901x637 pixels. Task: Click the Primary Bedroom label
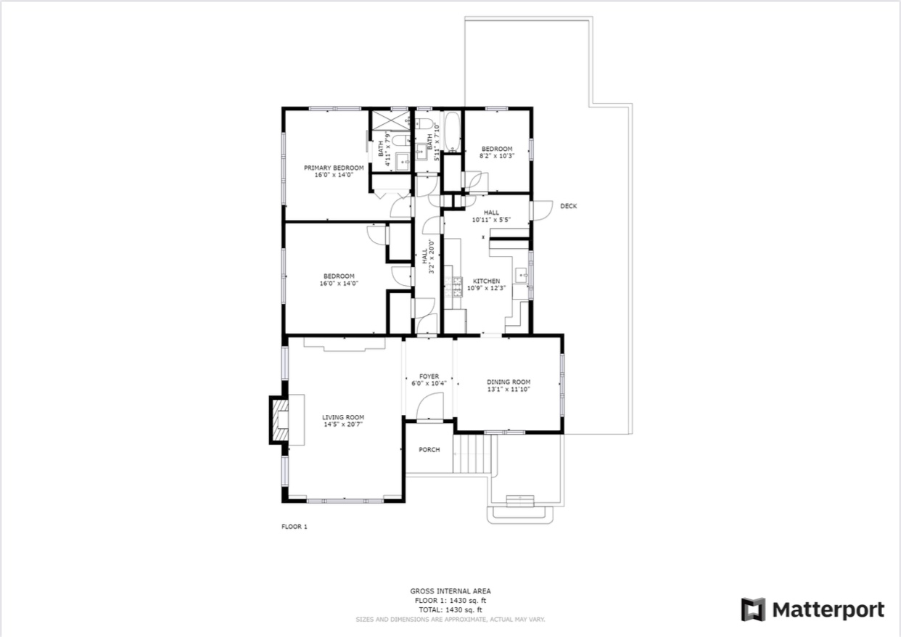coord(334,168)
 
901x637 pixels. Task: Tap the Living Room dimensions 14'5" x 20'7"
coord(343,424)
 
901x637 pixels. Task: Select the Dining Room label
coord(509,382)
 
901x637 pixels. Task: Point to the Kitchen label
coord(486,281)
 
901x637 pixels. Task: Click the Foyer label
coord(429,377)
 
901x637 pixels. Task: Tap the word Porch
coord(429,450)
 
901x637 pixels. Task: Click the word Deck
coord(568,206)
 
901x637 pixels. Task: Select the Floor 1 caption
coord(295,527)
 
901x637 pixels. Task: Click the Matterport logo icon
coord(754,609)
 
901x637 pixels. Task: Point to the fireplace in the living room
coord(280,419)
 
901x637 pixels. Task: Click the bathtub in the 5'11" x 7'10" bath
coord(453,131)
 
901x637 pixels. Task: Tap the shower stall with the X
coord(390,120)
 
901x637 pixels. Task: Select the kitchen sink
coord(522,276)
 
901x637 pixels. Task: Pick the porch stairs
coord(472,454)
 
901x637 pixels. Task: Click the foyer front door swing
coord(429,406)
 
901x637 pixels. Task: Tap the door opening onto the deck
coord(541,210)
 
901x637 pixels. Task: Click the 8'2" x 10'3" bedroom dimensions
coord(497,156)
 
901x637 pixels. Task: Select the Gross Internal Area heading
coord(450,591)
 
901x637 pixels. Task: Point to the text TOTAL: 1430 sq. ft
coord(450,609)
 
